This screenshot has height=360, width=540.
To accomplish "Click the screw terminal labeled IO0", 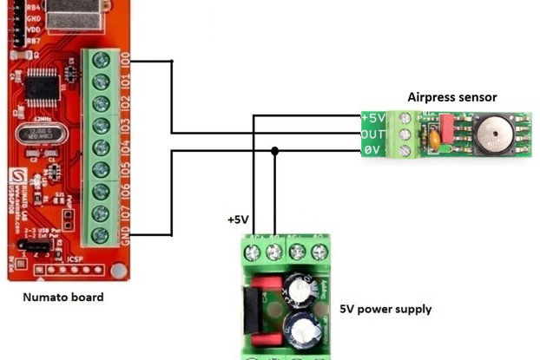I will click(102, 61).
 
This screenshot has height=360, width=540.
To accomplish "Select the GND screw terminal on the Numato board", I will click(102, 234).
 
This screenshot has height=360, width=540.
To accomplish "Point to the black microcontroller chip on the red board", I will click(41, 88).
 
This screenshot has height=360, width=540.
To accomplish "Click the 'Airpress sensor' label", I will click(452, 97).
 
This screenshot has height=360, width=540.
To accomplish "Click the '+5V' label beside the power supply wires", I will click(238, 220).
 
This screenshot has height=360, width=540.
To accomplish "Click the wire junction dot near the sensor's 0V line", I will click(275, 151).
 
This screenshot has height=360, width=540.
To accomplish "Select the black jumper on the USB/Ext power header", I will click(36, 249).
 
